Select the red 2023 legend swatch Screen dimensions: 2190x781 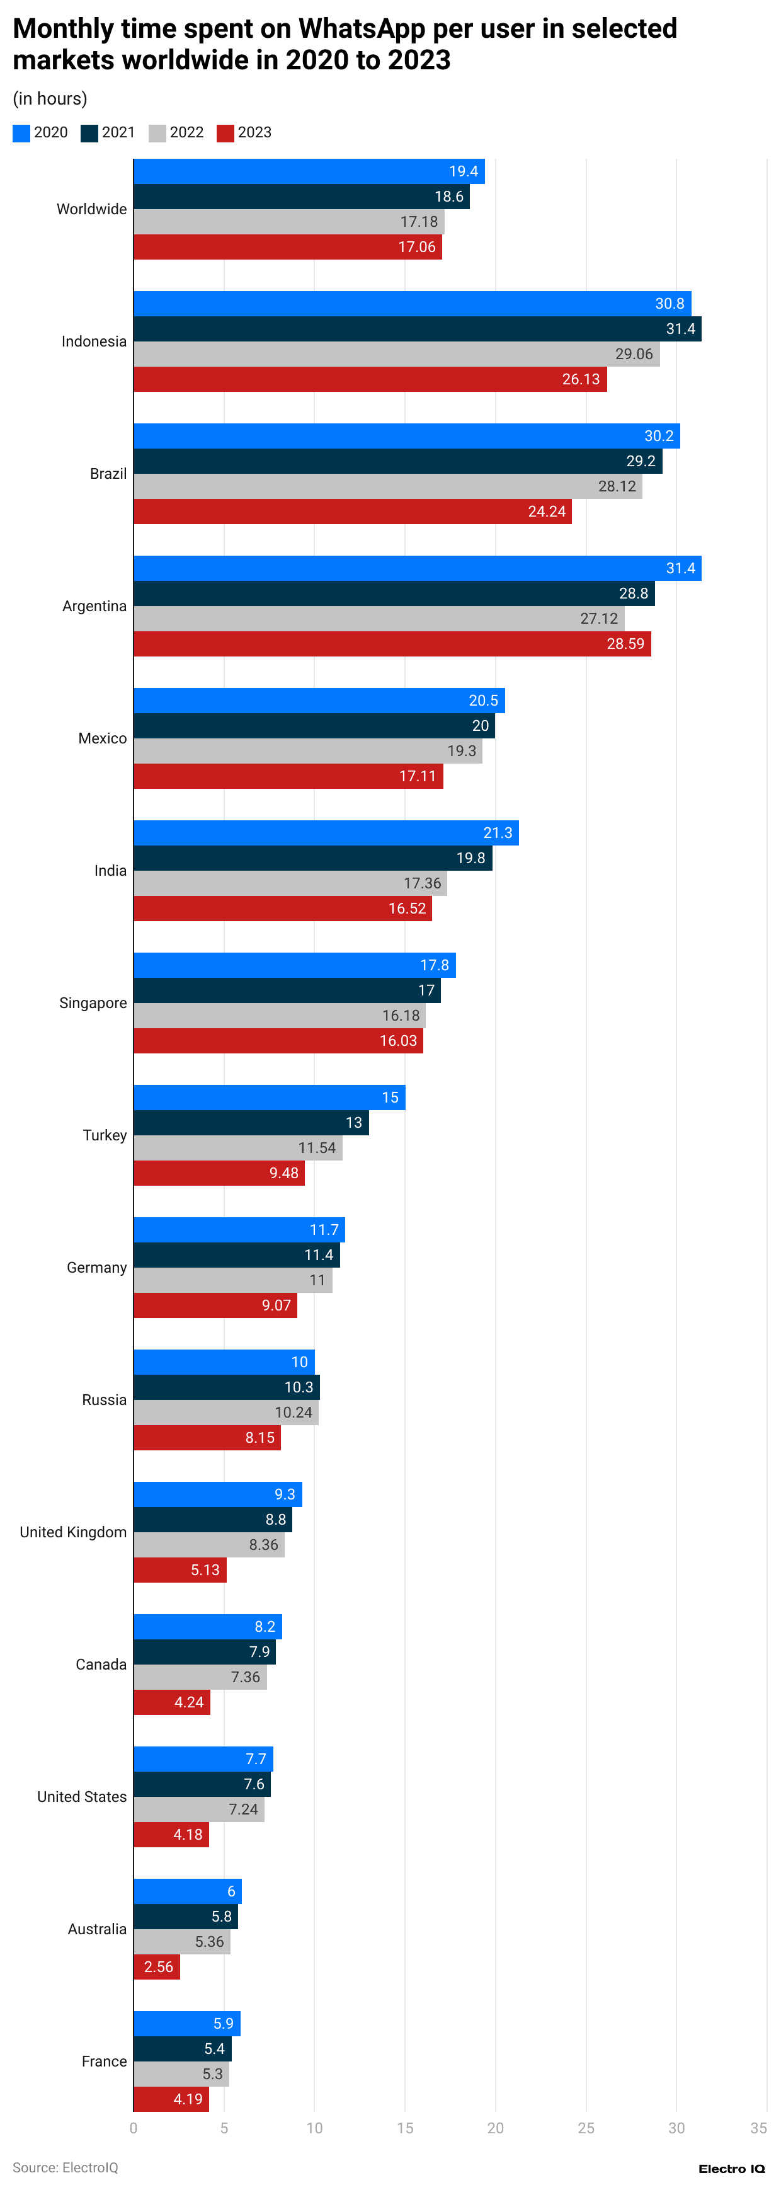[x=225, y=134]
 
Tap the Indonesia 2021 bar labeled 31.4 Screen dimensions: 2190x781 [x=416, y=329]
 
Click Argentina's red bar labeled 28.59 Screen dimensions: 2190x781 [x=391, y=643]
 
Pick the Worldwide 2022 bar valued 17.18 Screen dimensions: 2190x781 [x=289, y=222]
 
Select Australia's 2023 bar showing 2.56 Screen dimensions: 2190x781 [x=156, y=1966]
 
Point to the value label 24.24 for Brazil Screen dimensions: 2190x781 [x=547, y=512]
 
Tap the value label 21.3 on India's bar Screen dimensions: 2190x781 [x=498, y=833]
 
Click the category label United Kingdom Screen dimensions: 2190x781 [x=73, y=1532]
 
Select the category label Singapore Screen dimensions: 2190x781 [x=93, y=1003]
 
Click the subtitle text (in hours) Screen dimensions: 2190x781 [x=50, y=99]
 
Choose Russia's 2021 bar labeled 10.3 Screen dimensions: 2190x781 [x=226, y=1387]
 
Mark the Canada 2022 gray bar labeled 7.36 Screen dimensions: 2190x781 [x=200, y=1677]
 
